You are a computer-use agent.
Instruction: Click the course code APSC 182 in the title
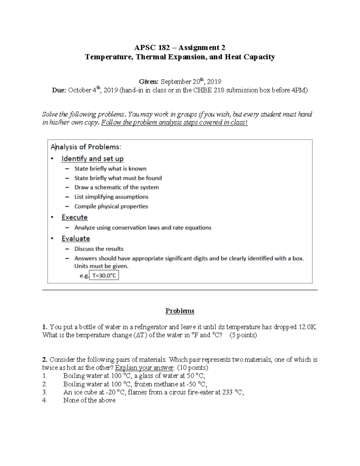tap(152, 47)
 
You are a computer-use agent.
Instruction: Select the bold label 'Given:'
tap(148, 82)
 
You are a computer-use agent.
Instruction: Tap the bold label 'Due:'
tap(59, 90)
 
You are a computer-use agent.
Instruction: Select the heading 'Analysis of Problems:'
tap(86, 147)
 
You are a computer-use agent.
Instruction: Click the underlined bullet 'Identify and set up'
tap(92, 158)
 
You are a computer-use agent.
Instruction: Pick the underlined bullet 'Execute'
tap(74, 217)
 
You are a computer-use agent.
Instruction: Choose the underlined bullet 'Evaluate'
tap(76, 239)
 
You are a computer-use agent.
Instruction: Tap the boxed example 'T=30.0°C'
tap(104, 275)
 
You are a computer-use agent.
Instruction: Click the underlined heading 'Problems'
tap(180, 311)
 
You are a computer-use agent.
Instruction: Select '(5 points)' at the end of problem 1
tap(243, 335)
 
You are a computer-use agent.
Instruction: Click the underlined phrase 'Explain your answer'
tap(144, 368)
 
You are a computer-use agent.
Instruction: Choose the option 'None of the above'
tap(89, 400)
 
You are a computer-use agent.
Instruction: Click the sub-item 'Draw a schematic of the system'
tap(116, 187)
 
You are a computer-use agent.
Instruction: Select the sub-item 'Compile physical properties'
tap(111, 206)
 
